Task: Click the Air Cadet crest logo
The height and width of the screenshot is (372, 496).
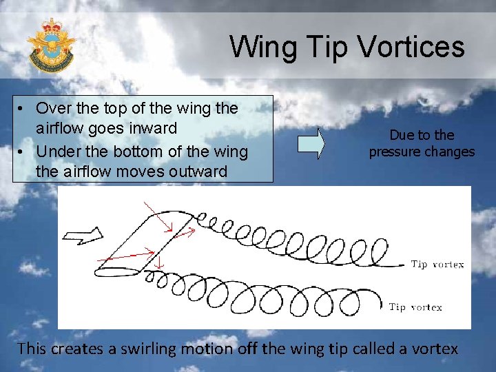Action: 50,45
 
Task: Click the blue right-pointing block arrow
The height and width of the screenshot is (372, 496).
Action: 311,143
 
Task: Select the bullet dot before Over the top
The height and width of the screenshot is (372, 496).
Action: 23,108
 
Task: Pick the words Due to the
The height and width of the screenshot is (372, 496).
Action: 422,135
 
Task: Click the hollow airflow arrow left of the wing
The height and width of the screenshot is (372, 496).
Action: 81,236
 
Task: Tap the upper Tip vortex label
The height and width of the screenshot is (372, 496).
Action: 437,264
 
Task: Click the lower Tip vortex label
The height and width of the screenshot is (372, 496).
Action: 415,307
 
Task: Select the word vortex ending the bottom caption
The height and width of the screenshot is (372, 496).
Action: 435,349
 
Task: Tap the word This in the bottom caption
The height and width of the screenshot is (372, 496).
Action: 31,349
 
